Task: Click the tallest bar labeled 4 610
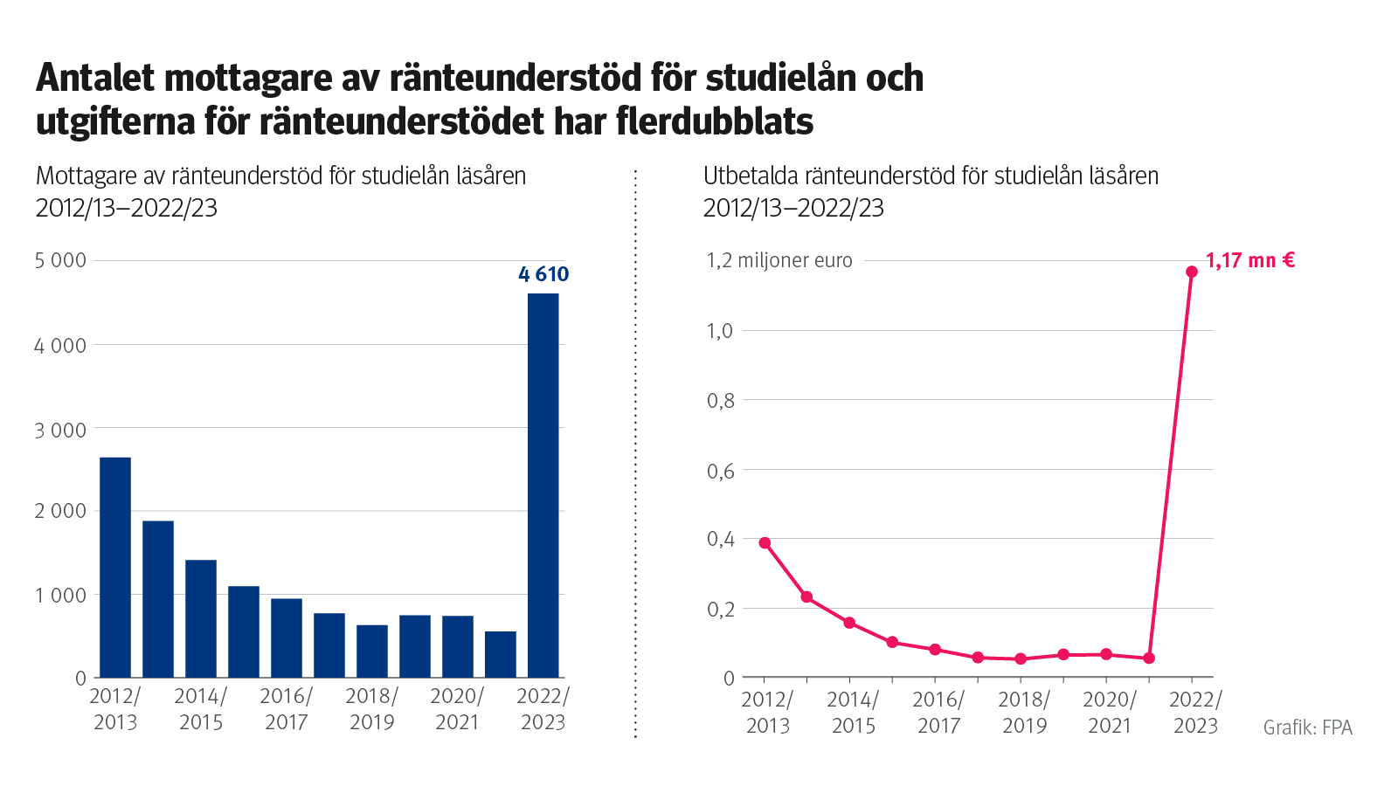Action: click(x=543, y=485)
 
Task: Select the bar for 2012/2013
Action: click(x=115, y=567)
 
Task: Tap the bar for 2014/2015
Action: click(x=201, y=618)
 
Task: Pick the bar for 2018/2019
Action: click(x=372, y=651)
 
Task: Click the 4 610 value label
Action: click(x=543, y=274)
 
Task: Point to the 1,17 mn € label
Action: click(x=1249, y=260)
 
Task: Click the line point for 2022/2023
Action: click(x=1192, y=272)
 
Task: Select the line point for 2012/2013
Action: click(x=765, y=543)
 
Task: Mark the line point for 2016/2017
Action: click(x=935, y=650)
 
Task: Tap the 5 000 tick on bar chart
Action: click(x=60, y=260)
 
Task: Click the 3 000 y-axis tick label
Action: click(x=60, y=430)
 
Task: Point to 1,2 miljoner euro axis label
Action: click(x=779, y=260)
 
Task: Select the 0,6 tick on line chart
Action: click(x=720, y=471)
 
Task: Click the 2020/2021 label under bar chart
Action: click(x=457, y=709)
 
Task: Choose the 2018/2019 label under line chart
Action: click(x=1024, y=713)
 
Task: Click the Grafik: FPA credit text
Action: click(x=1307, y=727)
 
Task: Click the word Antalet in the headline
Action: click(x=93, y=78)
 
